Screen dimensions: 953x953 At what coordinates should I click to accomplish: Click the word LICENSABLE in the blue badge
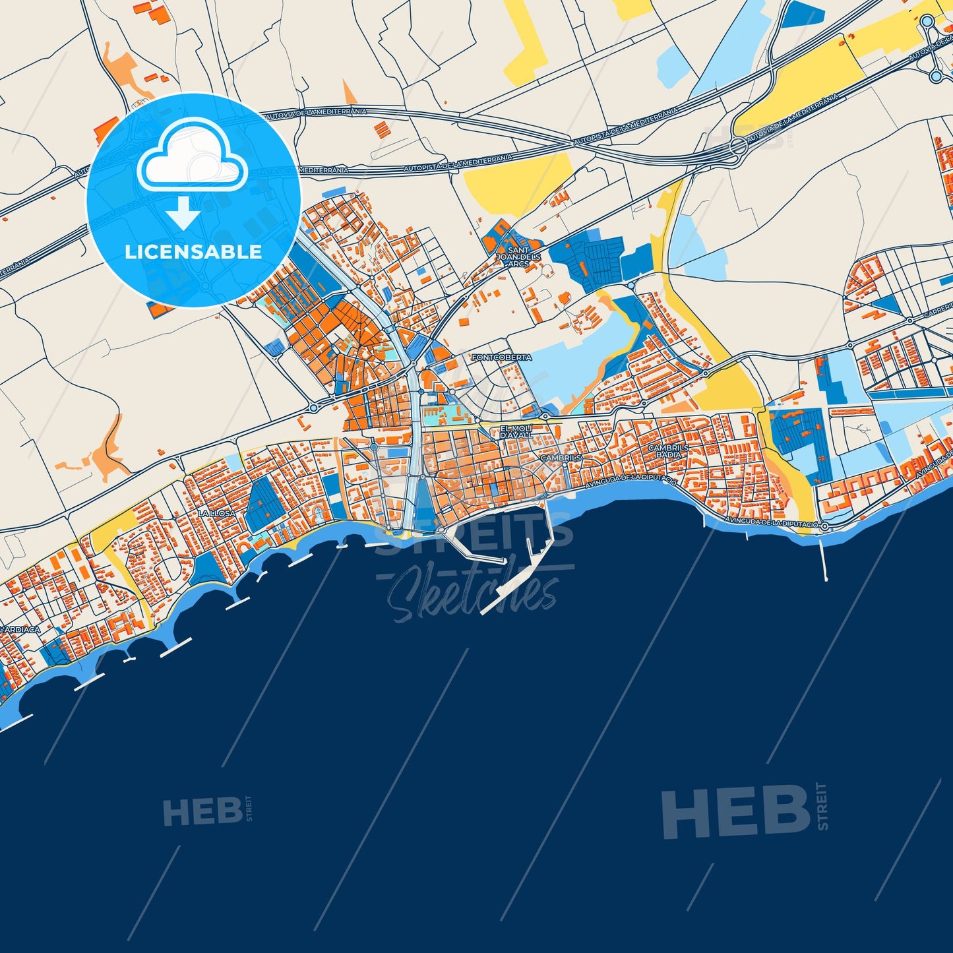click(193, 251)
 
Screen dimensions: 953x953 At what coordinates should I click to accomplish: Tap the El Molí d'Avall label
click(516, 432)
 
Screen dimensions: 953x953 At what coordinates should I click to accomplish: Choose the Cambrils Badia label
click(669, 450)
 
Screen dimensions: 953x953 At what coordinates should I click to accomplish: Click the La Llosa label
click(216, 512)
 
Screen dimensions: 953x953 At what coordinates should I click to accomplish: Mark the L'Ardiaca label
click(20, 630)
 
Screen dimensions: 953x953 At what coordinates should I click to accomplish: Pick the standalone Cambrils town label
click(561, 457)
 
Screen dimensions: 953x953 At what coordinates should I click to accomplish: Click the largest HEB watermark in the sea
click(735, 813)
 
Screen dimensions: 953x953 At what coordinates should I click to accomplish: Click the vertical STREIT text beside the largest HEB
click(822, 806)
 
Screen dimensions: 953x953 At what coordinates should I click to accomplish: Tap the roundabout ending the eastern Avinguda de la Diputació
click(824, 526)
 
